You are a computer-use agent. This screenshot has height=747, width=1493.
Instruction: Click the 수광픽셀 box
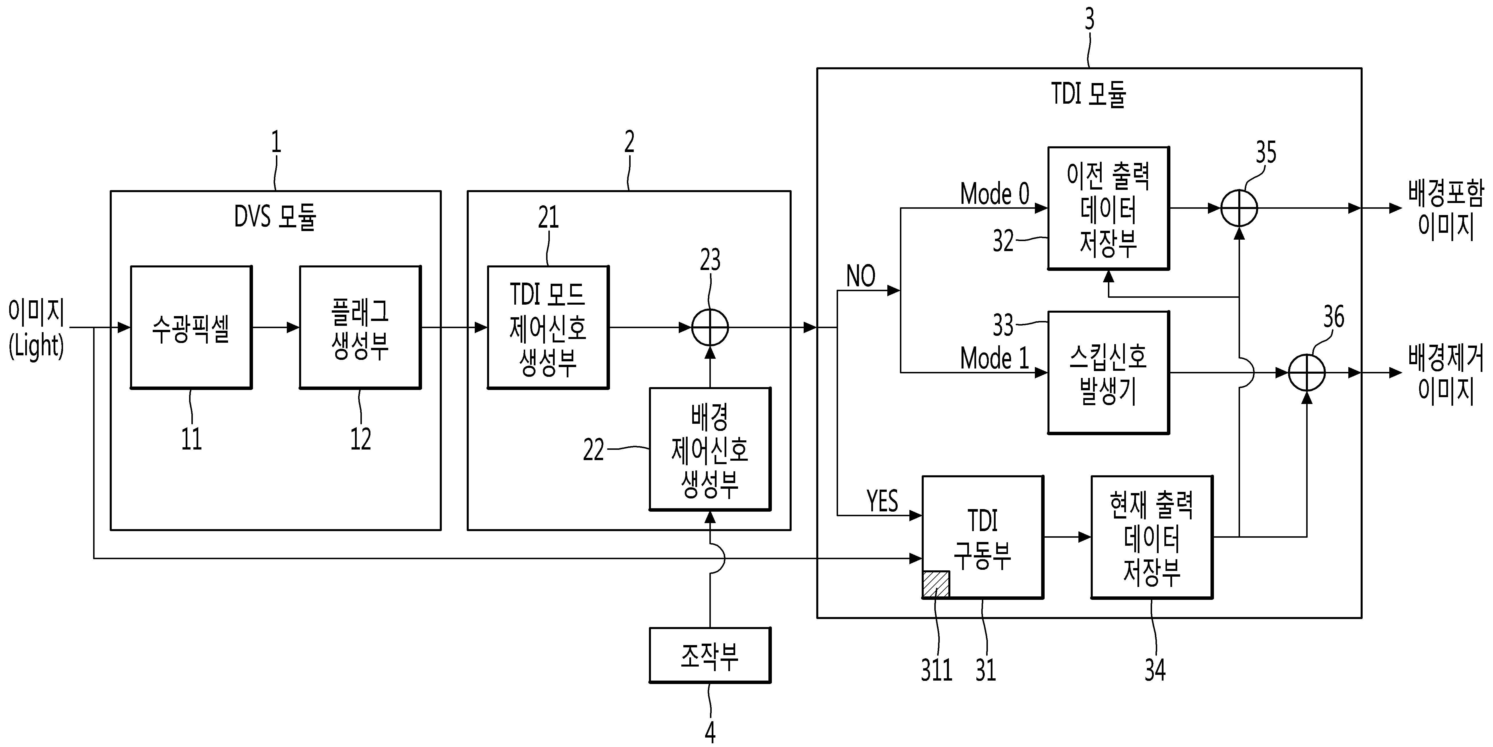coord(191,327)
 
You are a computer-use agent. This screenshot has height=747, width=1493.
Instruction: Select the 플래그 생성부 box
coord(360,327)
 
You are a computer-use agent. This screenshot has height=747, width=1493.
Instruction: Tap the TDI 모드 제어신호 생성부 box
coord(548,327)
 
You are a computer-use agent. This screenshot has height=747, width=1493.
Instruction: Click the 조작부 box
coord(710,655)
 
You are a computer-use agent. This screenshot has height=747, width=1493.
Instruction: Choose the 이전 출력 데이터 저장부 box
coord(1108,208)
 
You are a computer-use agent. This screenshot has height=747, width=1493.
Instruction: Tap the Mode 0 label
coord(994,194)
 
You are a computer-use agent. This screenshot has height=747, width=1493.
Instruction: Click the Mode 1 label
coord(994,358)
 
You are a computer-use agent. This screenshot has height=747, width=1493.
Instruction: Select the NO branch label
coord(861,276)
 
